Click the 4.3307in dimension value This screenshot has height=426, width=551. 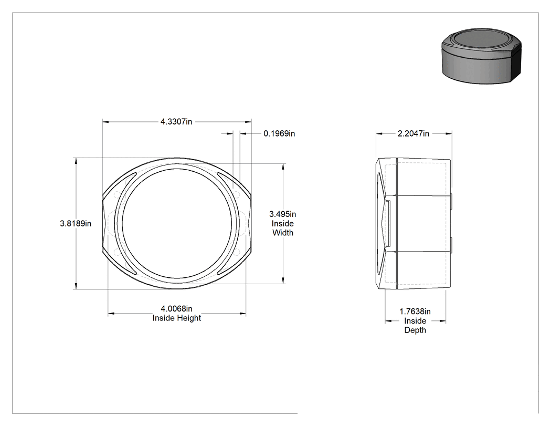[176, 122]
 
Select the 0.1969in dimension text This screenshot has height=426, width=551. [279, 133]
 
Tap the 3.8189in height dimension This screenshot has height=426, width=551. [76, 223]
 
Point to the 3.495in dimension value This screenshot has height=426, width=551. [282, 214]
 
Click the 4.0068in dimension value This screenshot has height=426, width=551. [176, 308]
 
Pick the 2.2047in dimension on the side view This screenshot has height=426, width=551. [414, 133]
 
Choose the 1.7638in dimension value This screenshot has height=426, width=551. [415, 311]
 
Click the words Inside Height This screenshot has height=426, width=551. [177, 318]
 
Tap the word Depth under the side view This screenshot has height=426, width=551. [415, 330]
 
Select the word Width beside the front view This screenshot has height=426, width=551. [283, 233]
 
